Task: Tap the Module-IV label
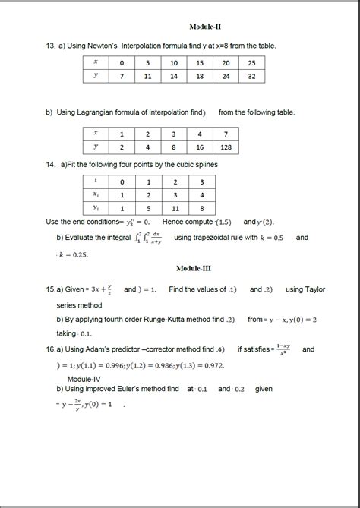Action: coord(84,377)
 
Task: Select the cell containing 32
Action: coord(250,77)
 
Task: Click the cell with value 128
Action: coord(225,147)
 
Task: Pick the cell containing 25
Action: coord(250,62)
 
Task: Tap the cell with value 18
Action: coord(199,77)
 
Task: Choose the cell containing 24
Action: coord(225,77)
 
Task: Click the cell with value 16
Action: coord(199,147)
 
